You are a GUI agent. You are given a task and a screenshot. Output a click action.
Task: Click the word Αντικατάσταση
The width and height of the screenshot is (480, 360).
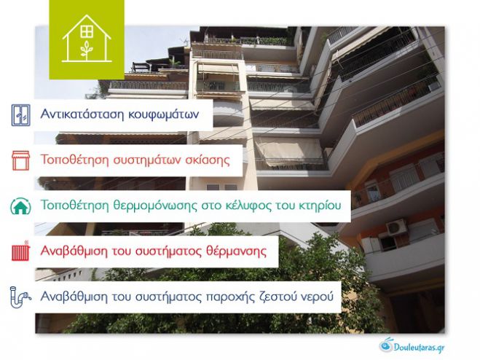pos(79,115)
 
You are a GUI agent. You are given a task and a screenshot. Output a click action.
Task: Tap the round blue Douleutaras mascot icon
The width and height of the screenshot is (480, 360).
pos(386,344)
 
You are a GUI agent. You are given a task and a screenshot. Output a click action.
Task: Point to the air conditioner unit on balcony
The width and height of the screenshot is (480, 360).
pos(396,227)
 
